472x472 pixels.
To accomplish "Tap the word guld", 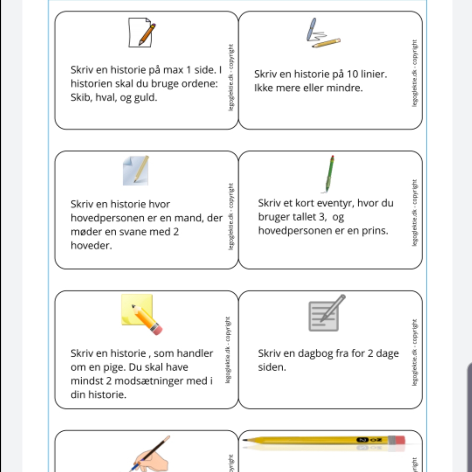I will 145,98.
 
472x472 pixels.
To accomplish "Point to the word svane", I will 133,232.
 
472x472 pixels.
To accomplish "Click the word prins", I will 376,231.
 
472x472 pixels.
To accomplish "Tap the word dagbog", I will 316,353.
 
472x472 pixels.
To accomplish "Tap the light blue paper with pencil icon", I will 135,170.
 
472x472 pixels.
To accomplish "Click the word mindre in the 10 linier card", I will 345,88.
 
